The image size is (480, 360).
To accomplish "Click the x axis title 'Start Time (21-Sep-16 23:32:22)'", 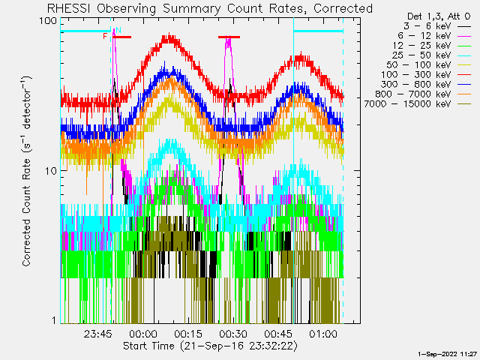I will point(210,346).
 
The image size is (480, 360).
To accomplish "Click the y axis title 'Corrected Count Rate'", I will point(26,171).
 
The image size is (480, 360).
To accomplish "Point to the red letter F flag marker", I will point(105,36).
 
